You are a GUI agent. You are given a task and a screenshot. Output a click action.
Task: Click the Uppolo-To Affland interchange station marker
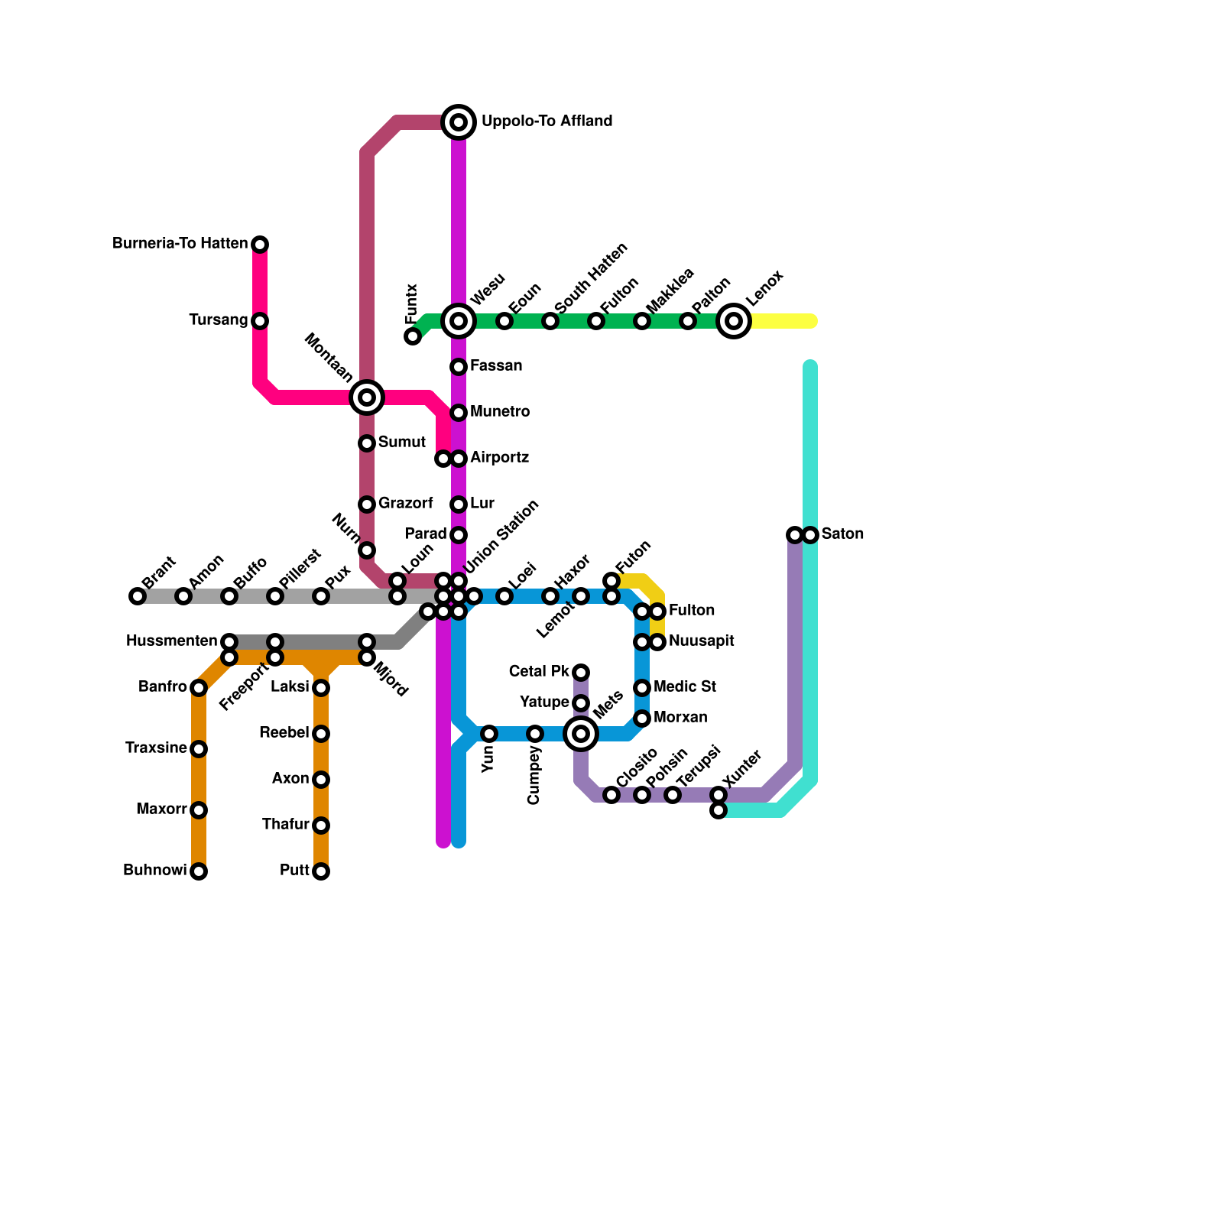[x=459, y=122]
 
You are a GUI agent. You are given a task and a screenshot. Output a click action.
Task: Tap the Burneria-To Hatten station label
[x=180, y=244]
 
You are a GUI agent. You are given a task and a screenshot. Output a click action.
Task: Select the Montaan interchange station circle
[x=367, y=397]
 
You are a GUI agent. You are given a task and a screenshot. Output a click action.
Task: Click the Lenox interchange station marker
[x=734, y=321]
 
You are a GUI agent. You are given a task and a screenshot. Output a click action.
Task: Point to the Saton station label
[x=842, y=534]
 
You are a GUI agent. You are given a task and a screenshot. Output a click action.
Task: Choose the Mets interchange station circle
[x=581, y=734]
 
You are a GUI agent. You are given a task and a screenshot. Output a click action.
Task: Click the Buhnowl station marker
[x=199, y=871]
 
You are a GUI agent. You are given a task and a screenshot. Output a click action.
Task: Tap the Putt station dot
[x=321, y=871]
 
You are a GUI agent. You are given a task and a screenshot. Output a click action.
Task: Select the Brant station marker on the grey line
[x=138, y=596]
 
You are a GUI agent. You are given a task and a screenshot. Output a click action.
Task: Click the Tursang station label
[x=219, y=320]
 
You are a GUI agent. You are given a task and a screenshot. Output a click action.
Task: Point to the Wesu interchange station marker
[x=459, y=321]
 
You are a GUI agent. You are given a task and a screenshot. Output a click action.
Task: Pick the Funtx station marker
[x=413, y=336]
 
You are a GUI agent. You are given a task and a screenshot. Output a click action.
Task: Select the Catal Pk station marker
[x=581, y=673]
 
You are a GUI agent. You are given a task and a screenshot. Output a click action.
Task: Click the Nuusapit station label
[x=701, y=641]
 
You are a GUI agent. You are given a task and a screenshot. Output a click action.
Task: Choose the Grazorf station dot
[x=367, y=504]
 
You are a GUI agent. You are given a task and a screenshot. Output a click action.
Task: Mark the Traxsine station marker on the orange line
[x=199, y=749]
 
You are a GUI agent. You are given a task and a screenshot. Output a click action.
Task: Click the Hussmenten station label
[x=171, y=641]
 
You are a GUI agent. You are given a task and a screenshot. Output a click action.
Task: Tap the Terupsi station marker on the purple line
[x=673, y=795]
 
